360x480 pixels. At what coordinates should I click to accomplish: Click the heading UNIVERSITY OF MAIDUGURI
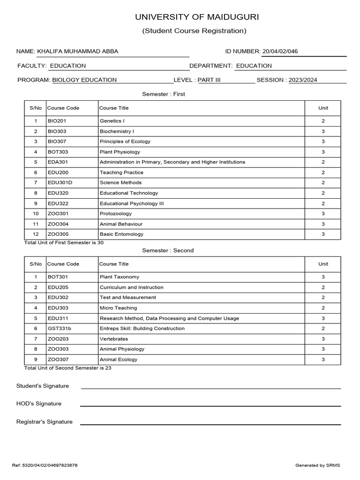click(196, 17)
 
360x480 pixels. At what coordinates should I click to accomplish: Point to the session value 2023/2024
click(303, 80)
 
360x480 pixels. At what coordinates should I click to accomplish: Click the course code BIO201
click(56, 121)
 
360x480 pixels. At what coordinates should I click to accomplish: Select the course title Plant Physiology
click(120, 152)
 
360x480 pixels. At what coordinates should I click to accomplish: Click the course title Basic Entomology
click(121, 234)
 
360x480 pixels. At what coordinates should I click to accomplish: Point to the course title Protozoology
click(116, 214)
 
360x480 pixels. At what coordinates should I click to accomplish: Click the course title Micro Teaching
click(118, 308)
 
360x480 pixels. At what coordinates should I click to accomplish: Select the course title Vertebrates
click(114, 339)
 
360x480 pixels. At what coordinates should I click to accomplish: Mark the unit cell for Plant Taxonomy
click(323, 277)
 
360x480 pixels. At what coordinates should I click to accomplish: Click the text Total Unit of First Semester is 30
click(64, 243)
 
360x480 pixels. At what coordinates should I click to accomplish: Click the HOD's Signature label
click(39, 404)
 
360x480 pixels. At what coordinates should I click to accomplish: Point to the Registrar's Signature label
click(45, 422)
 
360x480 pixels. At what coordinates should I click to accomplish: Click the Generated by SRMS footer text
click(317, 465)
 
